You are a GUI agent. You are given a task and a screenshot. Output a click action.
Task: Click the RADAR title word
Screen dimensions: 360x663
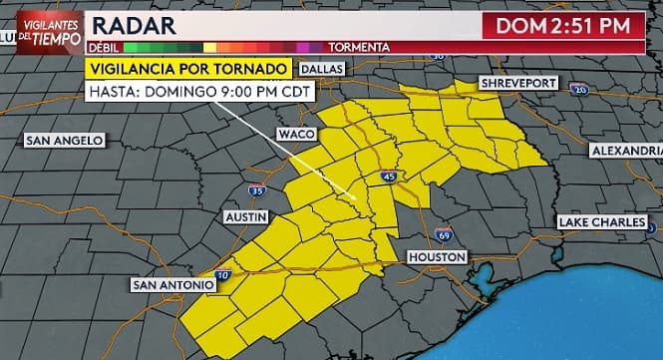pyautogui.click(x=134, y=26)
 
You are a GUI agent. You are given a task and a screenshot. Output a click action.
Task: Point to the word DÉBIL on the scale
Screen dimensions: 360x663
pyautogui.click(x=104, y=47)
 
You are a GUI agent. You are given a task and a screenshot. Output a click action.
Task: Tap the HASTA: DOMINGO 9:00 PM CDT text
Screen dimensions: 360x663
pyautogui.click(x=201, y=92)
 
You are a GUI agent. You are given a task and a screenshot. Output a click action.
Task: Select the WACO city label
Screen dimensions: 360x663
pyautogui.click(x=297, y=134)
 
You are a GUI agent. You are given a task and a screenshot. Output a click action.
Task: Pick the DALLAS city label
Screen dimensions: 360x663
pyautogui.click(x=321, y=69)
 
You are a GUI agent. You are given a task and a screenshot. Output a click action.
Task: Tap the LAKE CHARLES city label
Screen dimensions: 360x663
pyautogui.click(x=602, y=221)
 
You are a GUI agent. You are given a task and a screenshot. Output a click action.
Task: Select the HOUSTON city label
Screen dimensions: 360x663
pyautogui.click(x=437, y=257)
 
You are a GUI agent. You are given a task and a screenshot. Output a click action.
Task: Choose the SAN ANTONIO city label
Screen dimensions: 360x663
pyautogui.click(x=173, y=285)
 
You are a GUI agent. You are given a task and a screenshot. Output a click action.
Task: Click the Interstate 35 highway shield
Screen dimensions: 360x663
pyautogui.click(x=257, y=189)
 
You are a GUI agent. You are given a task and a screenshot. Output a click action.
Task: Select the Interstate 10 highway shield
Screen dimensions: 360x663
pyautogui.click(x=221, y=274)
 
